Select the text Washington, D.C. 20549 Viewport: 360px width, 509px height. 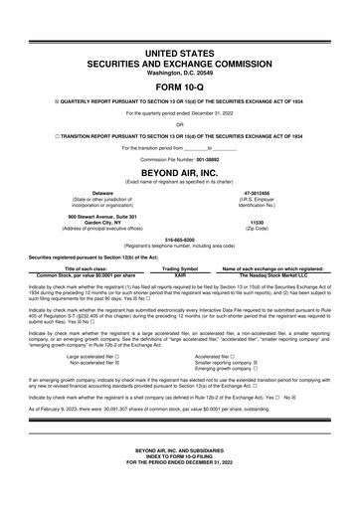[x=179, y=71]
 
